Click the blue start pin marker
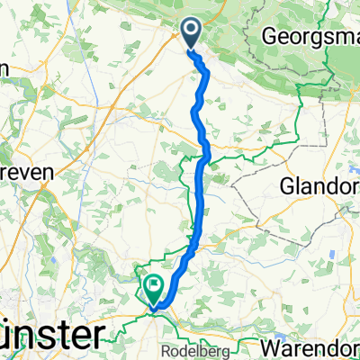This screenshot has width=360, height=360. pos(192,33)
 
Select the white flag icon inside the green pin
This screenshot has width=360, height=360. pos(152,287)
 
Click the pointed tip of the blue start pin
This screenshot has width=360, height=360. pos(192,49)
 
